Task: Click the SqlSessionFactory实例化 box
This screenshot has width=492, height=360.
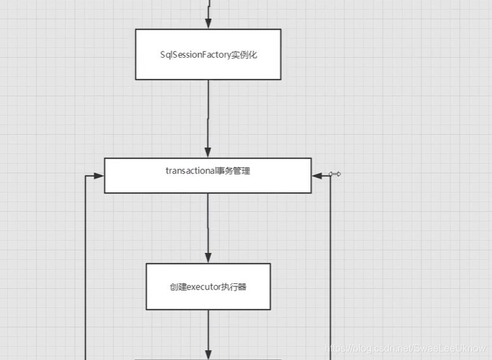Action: click(208, 54)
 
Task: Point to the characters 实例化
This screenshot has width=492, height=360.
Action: click(244, 55)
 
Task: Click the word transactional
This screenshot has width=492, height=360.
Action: click(190, 171)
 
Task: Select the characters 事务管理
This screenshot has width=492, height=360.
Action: click(232, 171)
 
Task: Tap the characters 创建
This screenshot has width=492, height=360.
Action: click(177, 286)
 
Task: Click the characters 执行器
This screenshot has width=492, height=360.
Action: click(236, 286)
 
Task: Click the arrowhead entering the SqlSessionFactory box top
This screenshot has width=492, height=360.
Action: click(208, 24)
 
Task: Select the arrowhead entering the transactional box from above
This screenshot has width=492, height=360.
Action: click(208, 153)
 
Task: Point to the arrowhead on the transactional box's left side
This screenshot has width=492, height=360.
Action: click(99, 175)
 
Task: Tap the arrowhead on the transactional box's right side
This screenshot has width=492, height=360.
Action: click(317, 175)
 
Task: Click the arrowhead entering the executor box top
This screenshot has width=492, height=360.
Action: click(208, 258)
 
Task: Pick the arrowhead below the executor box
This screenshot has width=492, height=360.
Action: click(208, 354)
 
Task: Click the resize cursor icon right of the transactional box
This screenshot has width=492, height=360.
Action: click(335, 174)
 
